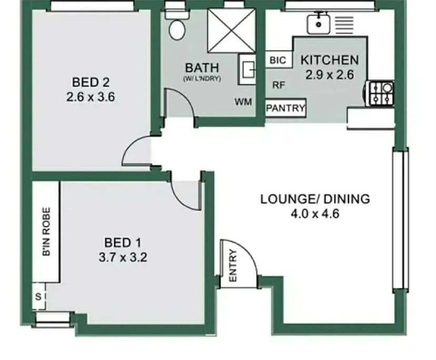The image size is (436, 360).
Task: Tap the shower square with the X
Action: click(x=231, y=31)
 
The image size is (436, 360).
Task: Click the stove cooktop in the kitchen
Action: click(x=381, y=94)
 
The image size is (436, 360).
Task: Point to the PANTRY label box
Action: click(x=285, y=108)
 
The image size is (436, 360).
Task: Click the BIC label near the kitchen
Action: click(x=278, y=61)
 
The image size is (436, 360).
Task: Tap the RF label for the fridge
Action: click(x=279, y=84)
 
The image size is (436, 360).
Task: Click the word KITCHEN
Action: click(x=329, y=61)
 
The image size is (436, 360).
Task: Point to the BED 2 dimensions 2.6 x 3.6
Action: click(x=91, y=97)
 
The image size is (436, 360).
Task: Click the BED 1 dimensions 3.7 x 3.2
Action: click(x=123, y=258)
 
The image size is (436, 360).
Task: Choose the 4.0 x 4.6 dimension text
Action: click(x=315, y=214)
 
